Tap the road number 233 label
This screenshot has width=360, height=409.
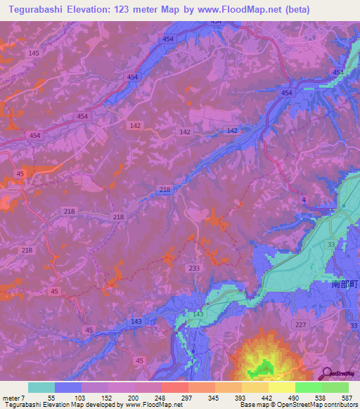point(194,268)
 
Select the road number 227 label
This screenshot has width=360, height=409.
point(302,324)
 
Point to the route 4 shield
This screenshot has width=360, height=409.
point(304,201)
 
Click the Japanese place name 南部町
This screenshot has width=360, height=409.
point(345,286)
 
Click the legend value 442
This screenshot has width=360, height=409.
point(267,398)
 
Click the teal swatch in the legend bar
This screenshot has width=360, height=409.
point(41,387)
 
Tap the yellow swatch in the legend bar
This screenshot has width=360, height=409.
point(281,387)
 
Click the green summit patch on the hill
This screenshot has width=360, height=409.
point(265,366)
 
